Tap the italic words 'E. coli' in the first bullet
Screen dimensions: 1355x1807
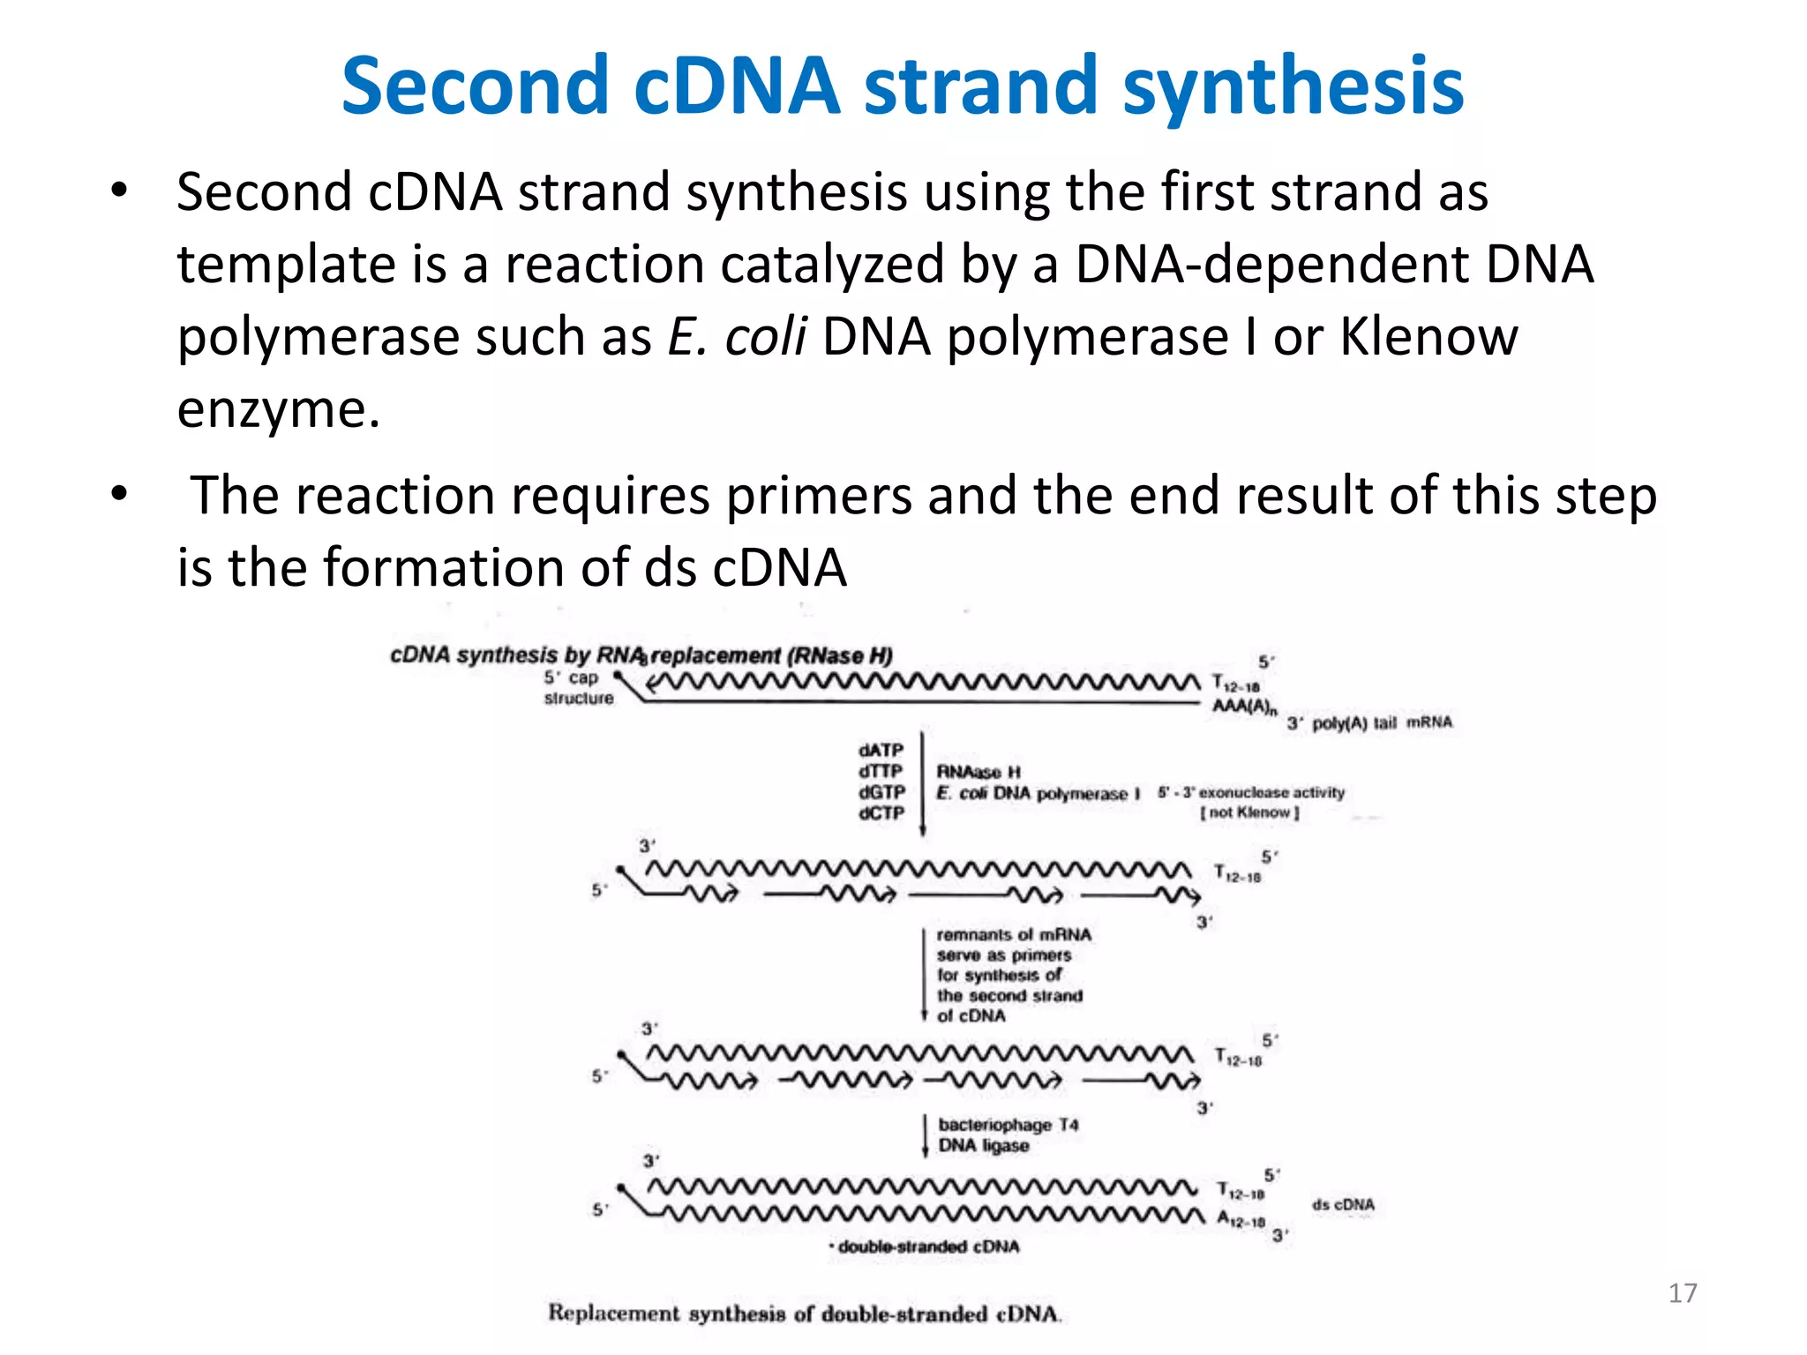pyautogui.click(x=737, y=337)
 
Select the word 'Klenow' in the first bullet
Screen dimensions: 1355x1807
pyautogui.click(x=1428, y=337)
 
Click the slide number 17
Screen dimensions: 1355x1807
pyautogui.click(x=1682, y=1293)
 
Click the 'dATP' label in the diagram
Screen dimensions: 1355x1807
pyautogui.click(x=881, y=750)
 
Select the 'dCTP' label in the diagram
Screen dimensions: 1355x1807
pyautogui.click(x=881, y=812)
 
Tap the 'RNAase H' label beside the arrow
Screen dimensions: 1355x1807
pyautogui.click(x=978, y=772)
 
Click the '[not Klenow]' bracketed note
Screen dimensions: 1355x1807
pyautogui.click(x=1249, y=812)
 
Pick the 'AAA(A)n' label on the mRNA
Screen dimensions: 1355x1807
pyautogui.click(x=1244, y=707)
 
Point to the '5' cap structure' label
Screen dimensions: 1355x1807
pyautogui.click(x=578, y=687)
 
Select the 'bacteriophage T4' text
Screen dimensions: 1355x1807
pyautogui.click(x=1008, y=1125)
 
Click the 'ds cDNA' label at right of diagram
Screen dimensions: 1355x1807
pyautogui.click(x=1343, y=1204)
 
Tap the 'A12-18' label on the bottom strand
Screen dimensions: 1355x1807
pyautogui.click(x=1241, y=1220)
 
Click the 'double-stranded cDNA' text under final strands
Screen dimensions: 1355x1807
pyautogui.click(x=927, y=1246)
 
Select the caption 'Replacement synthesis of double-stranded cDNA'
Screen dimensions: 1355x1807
pyautogui.click(x=804, y=1314)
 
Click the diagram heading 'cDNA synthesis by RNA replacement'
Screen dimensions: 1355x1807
pyautogui.click(x=641, y=655)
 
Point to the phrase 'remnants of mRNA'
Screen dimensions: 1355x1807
pyautogui.click(x=1013, y=934)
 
